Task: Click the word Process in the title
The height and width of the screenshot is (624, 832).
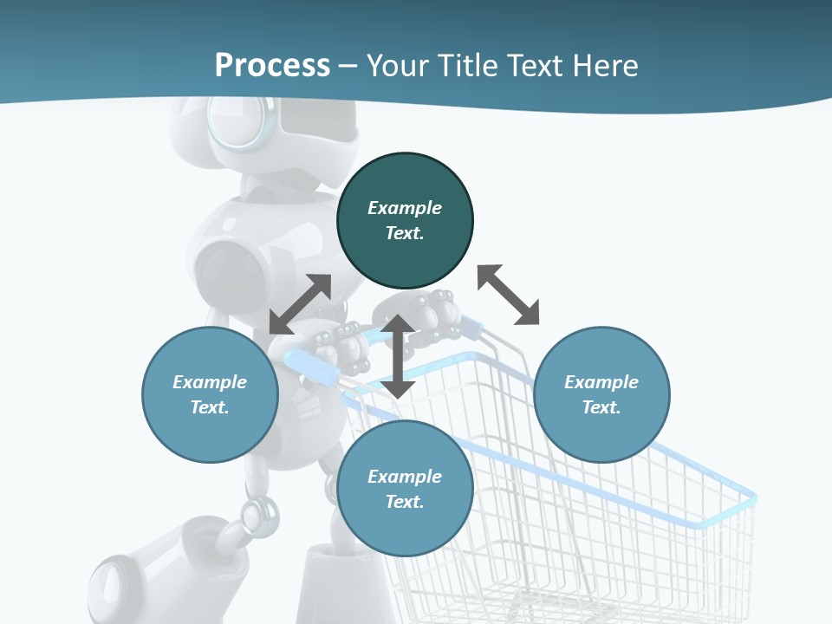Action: pos(272,66)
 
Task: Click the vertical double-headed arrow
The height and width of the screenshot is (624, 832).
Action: pos(398,356)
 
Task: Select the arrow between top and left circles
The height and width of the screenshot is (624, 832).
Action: pos(300,304)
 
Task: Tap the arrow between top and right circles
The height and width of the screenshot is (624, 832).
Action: pos(509,295)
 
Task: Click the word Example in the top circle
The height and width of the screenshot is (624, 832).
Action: pos(405,208)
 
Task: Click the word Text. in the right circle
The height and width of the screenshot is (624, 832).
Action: pos(601,407)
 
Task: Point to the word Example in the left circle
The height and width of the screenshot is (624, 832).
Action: pos(210,382)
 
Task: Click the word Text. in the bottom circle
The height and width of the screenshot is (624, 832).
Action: pos(405,502)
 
